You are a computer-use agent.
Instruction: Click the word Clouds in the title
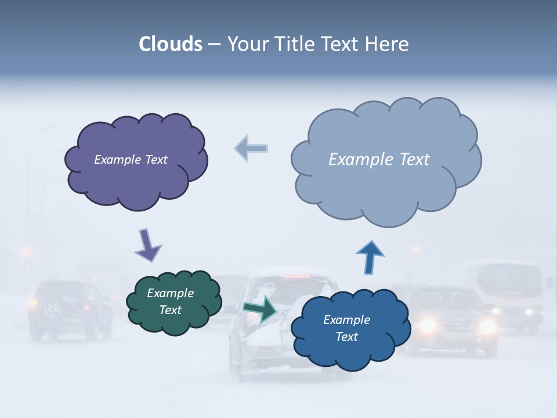pos(171,44)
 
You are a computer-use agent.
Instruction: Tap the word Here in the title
pos(388,44)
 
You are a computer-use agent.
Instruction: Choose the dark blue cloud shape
pos(348,348)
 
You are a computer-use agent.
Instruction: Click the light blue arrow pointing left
pos(251,148)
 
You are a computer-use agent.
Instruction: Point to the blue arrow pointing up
pos(370,257)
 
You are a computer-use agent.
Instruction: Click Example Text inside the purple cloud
pos(131,160)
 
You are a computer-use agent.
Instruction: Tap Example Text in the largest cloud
pos(379,160)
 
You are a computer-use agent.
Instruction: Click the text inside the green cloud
pos(171,302)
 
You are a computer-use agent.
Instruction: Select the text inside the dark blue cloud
pos(347,328)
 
